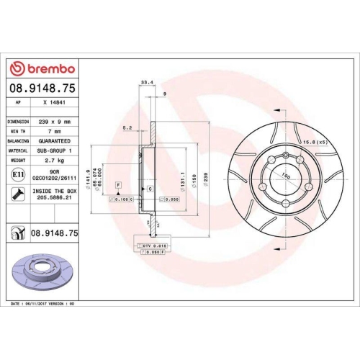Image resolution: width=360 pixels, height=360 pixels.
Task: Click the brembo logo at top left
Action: pyautogui.click(x=41, y=69)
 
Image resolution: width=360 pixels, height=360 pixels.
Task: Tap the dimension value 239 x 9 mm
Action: pyautogui.click(x=55, y=122)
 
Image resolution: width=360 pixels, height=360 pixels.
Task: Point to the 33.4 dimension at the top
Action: pyautogui.click(x=147, y=83)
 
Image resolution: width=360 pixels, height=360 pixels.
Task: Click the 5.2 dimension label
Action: pyautogui.click(x=127, y=127)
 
